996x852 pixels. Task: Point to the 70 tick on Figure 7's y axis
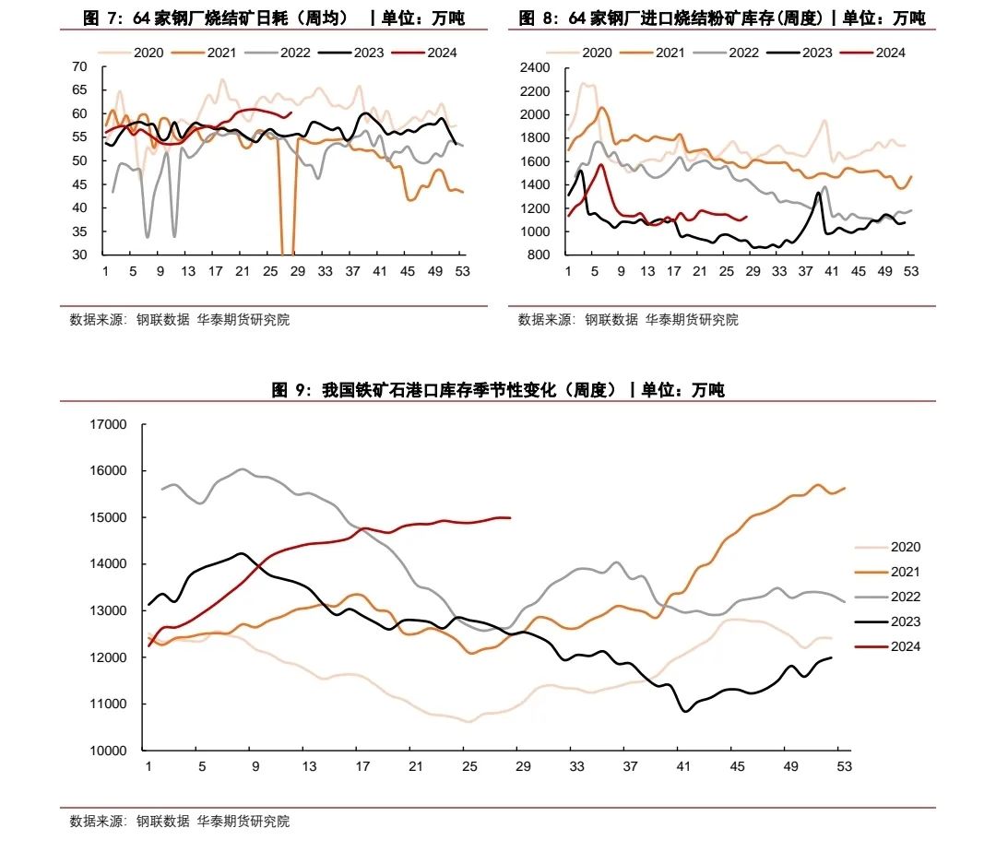pyautogui.click(x=79, y=66)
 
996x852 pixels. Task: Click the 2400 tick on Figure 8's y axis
pyautogui.click(x=535, y=67)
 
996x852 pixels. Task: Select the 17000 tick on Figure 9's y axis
pyautogui.click(x=109, y=424)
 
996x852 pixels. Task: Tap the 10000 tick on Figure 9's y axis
pyautogui.click(x=109, y=751)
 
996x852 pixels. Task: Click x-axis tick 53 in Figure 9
pyautogui.click(x=843, y=766)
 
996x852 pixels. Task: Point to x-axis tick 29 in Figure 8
pyautogui.click(x=753, y=271)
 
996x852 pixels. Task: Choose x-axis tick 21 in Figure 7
pyautogui.click(x=243, y=271)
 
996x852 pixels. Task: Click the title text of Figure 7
pyautogui.click(x=273, y=18)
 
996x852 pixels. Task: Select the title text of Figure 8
pyautogui.click(x=722, y=18)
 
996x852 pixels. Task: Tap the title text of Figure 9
pyautogui.click(x=498, y=390)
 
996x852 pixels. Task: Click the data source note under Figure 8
pyautogui.click(x=628, y=320)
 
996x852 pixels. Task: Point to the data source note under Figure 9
pyautogui.click(x=180, y=821)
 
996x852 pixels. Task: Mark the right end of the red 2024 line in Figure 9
pyautogui.click(x=510, y=518)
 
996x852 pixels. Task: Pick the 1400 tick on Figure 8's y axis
pyautogui.click(x=535, y=184)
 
